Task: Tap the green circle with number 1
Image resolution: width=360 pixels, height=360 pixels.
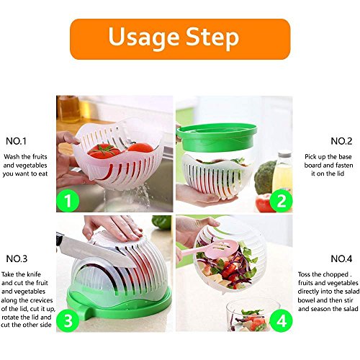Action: [68, 201]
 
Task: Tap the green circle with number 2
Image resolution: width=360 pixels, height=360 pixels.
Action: [281, 201]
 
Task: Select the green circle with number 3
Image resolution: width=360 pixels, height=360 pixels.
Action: [68, 320]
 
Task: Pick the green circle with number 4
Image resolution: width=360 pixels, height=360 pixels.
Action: [281, 320]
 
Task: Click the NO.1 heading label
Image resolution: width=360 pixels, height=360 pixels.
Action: [16, 141]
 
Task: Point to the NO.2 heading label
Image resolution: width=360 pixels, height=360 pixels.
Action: [341, 141]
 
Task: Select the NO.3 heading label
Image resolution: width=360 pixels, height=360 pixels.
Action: [17, 258]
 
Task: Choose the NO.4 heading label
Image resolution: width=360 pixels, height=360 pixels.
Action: [341, 258]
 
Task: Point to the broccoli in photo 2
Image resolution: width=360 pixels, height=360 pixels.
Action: [265, 177]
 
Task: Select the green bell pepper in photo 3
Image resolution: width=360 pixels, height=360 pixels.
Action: [162, 222]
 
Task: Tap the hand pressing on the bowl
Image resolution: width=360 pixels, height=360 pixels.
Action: [113, 228]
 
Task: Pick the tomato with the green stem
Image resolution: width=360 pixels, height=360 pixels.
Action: [104, 151]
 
